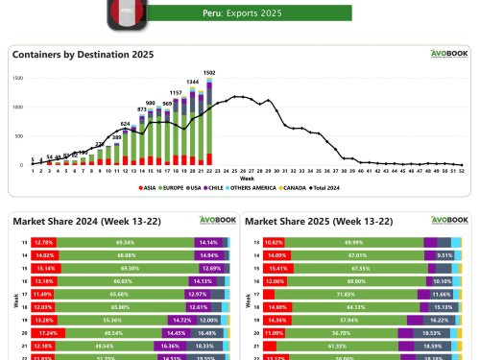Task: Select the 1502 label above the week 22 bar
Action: point(209,73)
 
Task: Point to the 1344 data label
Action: point(192,83)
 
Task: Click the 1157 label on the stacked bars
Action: point(176,92)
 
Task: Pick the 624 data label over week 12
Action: point(125,124)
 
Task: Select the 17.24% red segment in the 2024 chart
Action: point(47,330)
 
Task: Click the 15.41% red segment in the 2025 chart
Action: point(274,269)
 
